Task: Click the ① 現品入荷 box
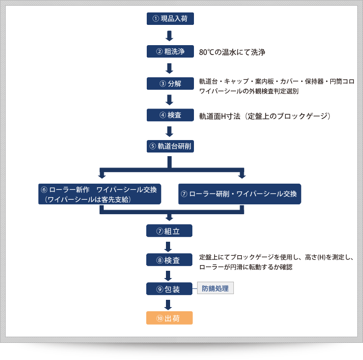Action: (170, 19)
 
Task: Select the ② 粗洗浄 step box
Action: (170, 52)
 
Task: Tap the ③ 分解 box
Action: (170, 84)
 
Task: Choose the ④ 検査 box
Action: (170, 115)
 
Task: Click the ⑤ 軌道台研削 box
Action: (170, 146)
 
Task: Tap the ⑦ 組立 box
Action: (170, 231)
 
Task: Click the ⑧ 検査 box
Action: (170, 259)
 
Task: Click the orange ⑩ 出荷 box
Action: (170, 317)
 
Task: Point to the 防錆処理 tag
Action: (215, 288)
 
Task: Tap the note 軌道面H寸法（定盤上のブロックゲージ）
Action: (265, 115)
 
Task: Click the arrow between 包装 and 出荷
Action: (170, 303)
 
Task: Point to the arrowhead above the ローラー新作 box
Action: (102, 175)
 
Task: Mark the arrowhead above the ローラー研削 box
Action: (242, 175)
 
